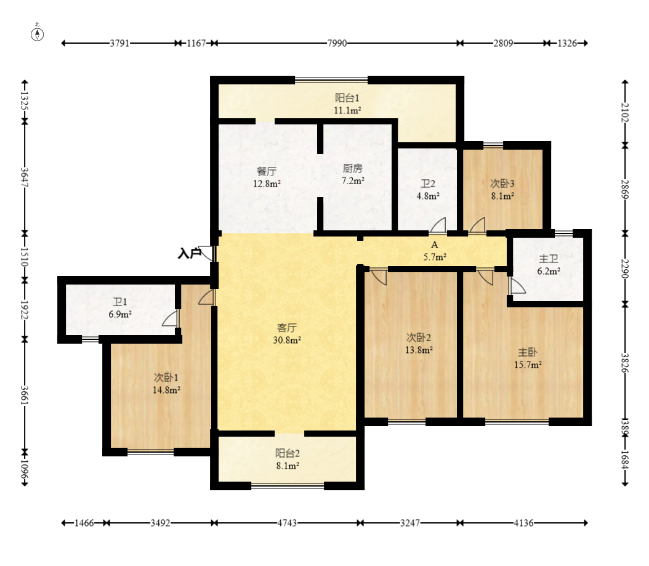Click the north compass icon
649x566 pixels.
[x=37, y=34]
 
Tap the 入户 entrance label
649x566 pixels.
[x=189, y=253]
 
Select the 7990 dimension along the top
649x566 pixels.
[x=337, y=43]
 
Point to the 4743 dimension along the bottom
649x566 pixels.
[x=287, y=523]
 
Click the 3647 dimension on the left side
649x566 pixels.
[x=25, y=177]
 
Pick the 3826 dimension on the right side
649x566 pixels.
[x=625, y=363]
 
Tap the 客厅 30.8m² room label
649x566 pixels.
[x=287, y=334]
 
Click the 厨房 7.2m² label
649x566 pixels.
[x=353, y=174]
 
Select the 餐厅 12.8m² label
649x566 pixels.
[x=267, y=177]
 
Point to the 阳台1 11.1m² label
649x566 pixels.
[x=347, y=104]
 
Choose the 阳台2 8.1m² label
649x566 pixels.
[x=288, y=459]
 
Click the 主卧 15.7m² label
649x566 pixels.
[x=528, y=358]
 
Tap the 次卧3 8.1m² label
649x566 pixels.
[x=502, y=189]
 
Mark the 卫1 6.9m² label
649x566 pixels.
[x=120, y=308]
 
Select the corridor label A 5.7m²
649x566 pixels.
[x=435, y=251]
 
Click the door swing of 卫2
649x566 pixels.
[x=438, y=225]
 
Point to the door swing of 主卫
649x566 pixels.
[x=517, y=285]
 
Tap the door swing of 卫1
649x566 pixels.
[x=170, y=318]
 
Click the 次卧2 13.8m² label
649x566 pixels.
[x=419, y=343]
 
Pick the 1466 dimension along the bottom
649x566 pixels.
[x=84, y=523]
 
